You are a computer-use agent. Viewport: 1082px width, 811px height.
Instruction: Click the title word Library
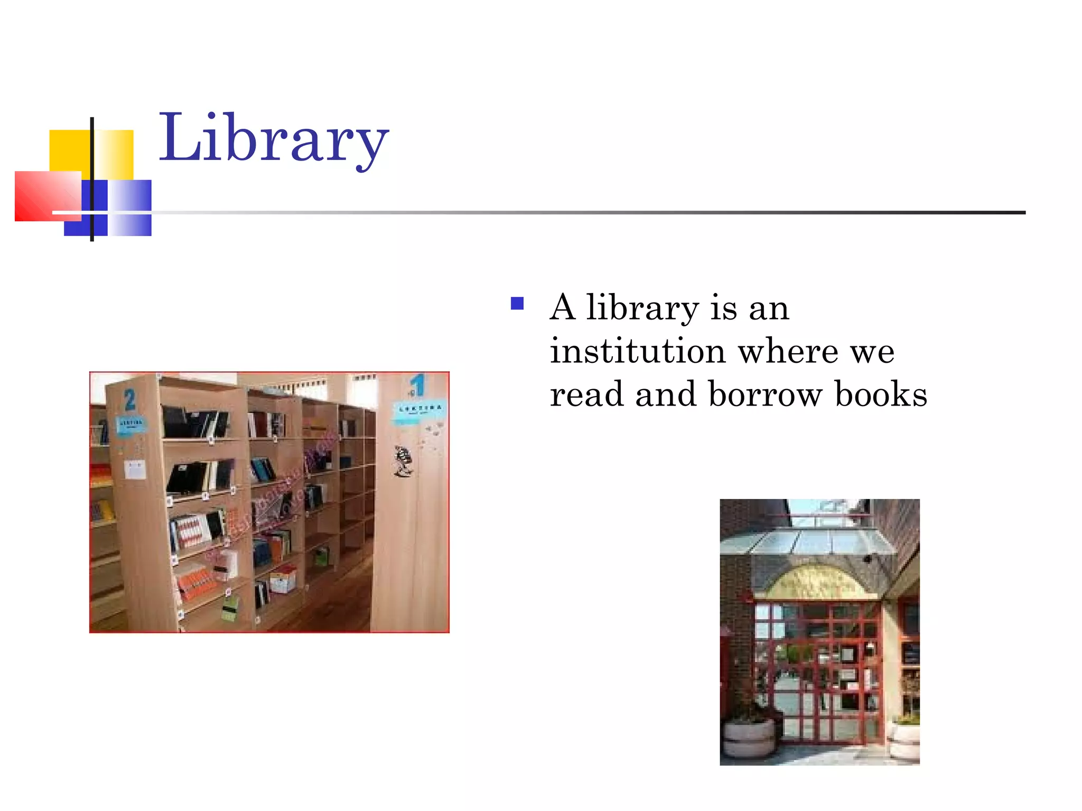[274, 138]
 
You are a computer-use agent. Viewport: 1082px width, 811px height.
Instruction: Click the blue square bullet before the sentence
[517, 304]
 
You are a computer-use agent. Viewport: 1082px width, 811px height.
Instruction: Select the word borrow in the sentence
[766, 394]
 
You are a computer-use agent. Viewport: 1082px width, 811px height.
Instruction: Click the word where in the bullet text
[788, 351]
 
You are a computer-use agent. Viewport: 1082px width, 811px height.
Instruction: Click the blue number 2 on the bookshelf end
[130, 400]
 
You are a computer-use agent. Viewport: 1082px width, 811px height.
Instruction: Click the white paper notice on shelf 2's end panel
[135, 469]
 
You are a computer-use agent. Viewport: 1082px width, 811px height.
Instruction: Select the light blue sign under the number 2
[130, 424]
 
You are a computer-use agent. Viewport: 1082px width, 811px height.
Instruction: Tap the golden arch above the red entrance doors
[817, 581]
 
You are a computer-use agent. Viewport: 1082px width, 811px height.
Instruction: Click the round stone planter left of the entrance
[749, 737]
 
